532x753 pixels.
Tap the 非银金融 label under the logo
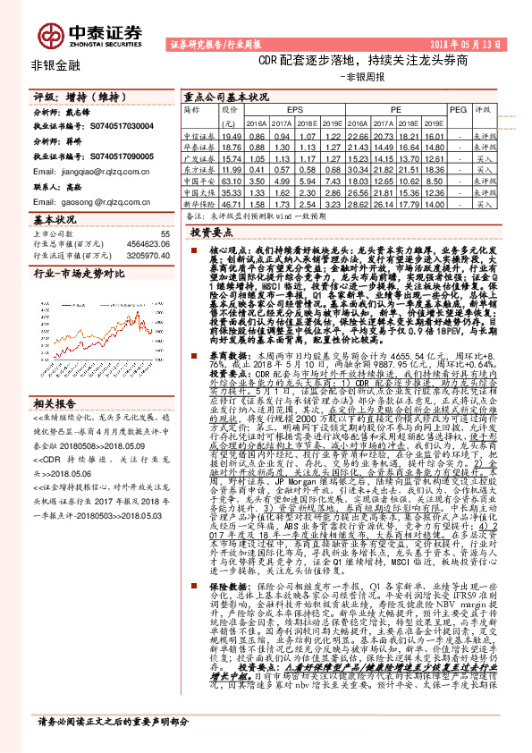click(55, 66)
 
